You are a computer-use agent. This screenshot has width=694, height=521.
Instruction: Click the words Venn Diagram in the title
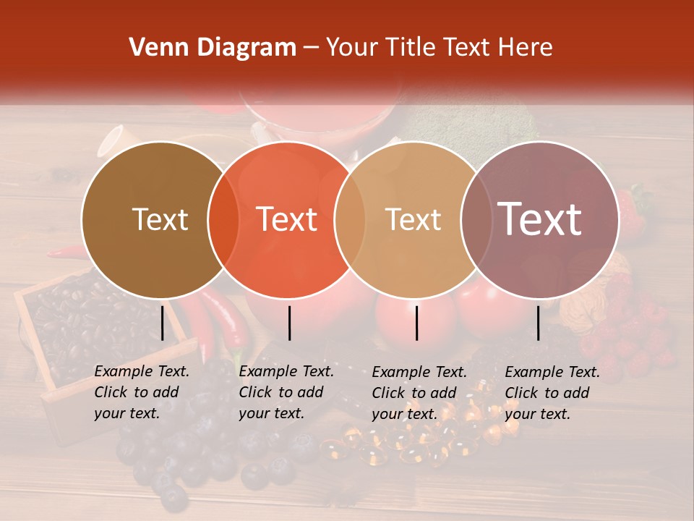click(x=212, y=48)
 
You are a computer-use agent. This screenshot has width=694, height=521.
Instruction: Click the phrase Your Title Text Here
click(x=439, y=48)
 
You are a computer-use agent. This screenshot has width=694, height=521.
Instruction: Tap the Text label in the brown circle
click(x=160, y=219)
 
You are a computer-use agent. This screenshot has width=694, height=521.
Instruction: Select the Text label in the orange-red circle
click(x=287, y=219)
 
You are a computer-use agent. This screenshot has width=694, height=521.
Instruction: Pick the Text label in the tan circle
click(x=413, y=219)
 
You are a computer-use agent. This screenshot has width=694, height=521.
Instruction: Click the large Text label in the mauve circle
click(x=540, y=219)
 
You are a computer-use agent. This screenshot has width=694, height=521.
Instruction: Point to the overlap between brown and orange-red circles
click(x=223, y=220)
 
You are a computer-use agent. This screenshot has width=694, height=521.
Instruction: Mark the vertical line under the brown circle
click(x=162, y=323)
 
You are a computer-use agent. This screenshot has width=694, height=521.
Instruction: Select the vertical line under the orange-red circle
click(x=289, y=323)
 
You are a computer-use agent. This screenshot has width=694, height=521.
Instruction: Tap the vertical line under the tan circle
click(x=416, y=323)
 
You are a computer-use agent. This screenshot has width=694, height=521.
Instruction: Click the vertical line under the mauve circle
click(x=539, y=323)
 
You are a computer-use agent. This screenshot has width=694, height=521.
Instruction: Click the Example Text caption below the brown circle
click(x=142, y=392)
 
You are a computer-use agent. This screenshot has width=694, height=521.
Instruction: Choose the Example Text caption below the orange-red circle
click(x=286, y=392)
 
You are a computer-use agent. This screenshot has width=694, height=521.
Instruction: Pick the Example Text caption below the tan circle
click(x=419, y=393)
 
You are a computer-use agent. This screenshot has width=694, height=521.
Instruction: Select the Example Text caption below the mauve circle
click(x=552, y=393)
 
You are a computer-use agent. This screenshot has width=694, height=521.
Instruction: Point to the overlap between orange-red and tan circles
click(x=350, y=220)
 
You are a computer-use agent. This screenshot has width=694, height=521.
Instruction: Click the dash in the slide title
click(x=310, y=48)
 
